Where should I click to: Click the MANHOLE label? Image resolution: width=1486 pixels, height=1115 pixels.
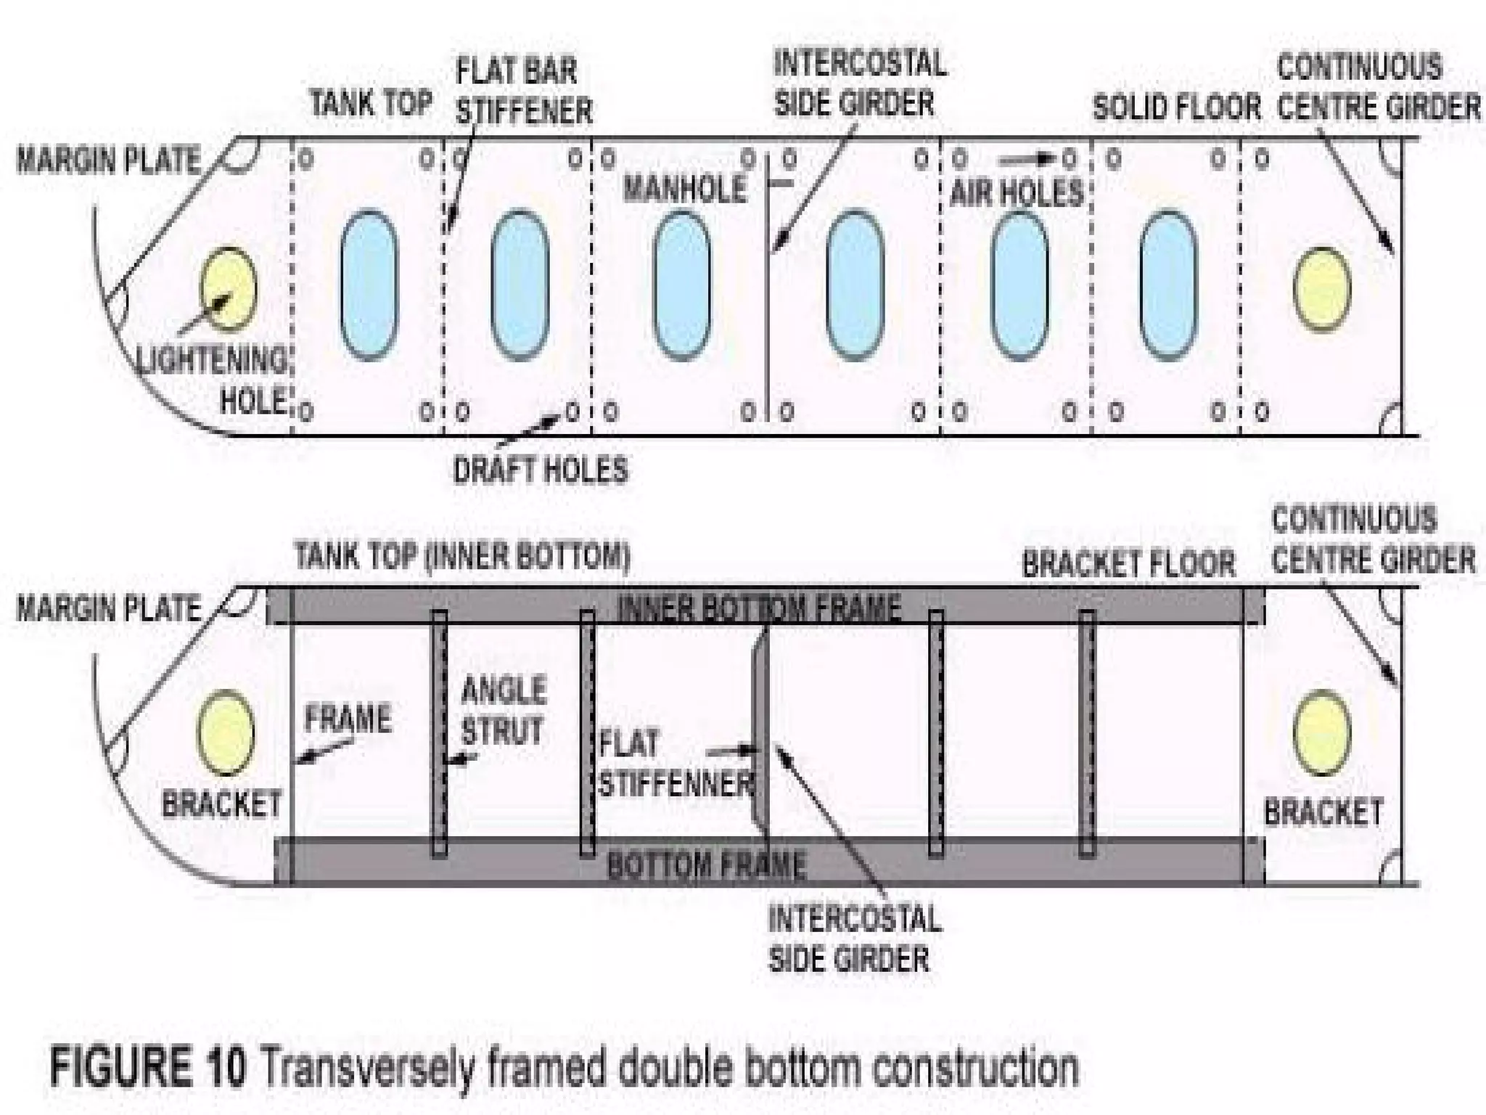click(x=684, y=189)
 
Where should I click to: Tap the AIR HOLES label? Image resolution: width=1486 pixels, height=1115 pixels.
click(x=1016, y=193)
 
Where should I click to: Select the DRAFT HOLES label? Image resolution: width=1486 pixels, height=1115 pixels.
click(x=541, y=470)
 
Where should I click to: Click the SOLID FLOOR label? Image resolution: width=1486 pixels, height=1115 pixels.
click(x=1176, y=107)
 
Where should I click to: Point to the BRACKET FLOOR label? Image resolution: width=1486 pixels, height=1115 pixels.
click(x=1128, y=563)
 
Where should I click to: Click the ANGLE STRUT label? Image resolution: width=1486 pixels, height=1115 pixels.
click(x=503, y=710)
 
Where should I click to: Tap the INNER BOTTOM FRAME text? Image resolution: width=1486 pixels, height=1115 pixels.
click(x=759, y=607)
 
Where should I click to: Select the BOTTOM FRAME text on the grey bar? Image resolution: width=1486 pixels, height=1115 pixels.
click(x=706, y=864)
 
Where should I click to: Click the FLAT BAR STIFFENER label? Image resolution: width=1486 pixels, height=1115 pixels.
click(x=523, y=91)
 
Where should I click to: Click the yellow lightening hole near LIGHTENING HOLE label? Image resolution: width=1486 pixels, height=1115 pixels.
click(x=228, y=287)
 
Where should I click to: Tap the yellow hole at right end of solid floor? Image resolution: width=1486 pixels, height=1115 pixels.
click(x=1322, y=288)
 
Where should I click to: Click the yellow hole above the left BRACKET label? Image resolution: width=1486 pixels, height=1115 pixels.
click(x=226, y=732)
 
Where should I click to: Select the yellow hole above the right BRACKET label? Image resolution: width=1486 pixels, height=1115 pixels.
click(x=1322, y=732)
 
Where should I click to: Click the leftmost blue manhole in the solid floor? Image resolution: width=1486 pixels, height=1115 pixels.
click(x=369, y=285)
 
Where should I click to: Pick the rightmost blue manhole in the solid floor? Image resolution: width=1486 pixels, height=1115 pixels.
click(x=1167, y=285)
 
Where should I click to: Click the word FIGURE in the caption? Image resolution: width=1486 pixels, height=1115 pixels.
click(x=148, y=1069)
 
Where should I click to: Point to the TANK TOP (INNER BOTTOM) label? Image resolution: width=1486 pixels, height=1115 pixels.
click(x=462, y=556)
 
